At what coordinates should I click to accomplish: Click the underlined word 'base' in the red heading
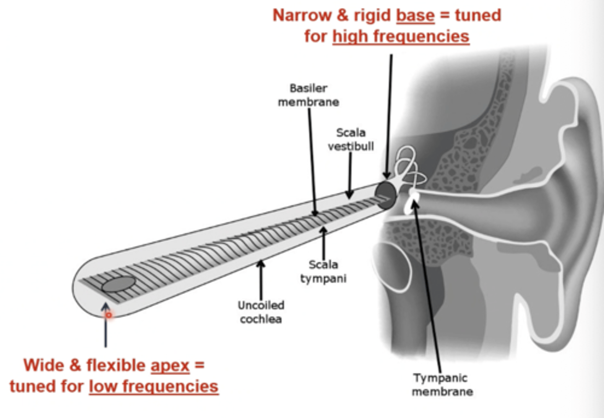415,16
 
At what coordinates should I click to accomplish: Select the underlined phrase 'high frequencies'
401,37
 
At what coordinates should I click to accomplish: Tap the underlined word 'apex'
170,365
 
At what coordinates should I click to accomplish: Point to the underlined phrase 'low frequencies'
154,387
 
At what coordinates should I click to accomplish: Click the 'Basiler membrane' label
308,95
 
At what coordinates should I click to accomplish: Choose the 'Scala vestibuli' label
351,139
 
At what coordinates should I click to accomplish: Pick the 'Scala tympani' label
323,271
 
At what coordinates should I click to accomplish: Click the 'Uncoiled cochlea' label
261,312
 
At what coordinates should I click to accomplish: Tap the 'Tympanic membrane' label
442,384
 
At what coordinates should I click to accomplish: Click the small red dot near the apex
109,314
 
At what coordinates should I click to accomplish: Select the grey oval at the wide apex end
119,284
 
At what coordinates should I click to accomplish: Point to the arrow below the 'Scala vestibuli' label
350,175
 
